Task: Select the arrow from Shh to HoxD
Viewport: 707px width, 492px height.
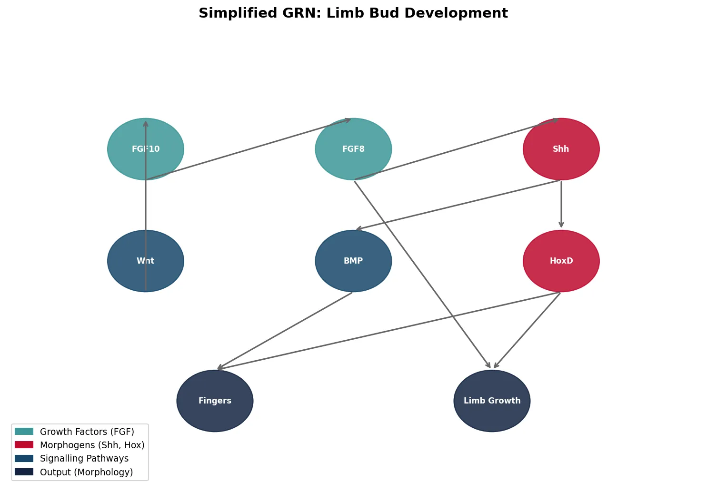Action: tap(561, 205)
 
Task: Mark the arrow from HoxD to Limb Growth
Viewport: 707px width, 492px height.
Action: tap(527, 331)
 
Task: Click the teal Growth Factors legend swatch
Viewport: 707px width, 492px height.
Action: tap(24, 432)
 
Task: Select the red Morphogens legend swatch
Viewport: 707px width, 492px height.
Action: tap(24, 445)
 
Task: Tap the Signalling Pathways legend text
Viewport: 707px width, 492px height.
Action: tap(84, 459)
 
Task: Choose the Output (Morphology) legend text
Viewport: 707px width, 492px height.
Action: tap(86, 472)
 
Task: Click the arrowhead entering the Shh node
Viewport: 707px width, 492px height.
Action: tap(555, 120)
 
